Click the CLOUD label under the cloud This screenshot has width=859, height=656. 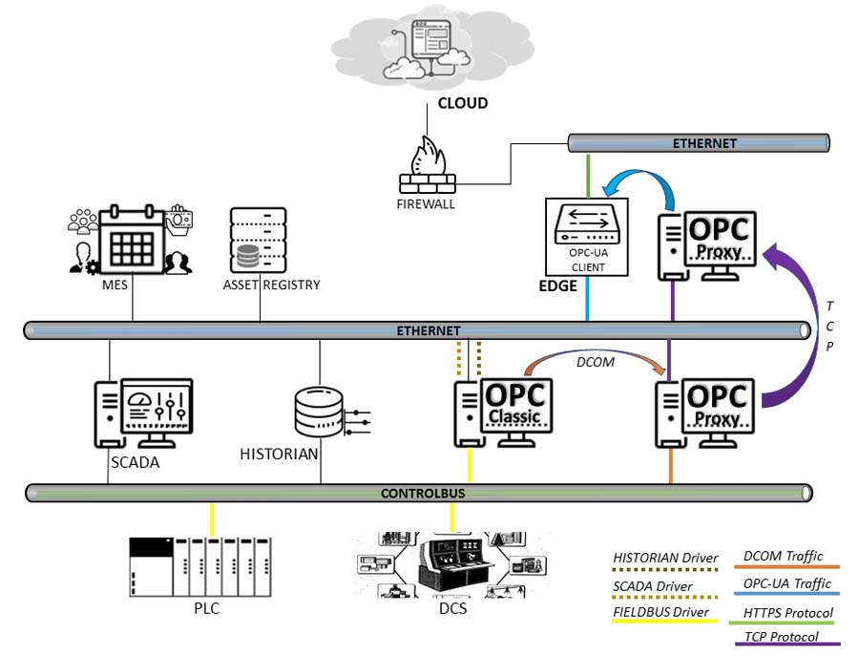[x=462, y=103]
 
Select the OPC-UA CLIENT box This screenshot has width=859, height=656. [x=586, y=236]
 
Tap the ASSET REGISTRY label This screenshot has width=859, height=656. [x=272, y=285]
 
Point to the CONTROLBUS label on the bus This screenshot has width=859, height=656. [x=422, y=494]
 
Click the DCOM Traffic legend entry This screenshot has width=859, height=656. [x=783, y=556]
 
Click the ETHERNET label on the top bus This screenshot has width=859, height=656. [x=704, y=143]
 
